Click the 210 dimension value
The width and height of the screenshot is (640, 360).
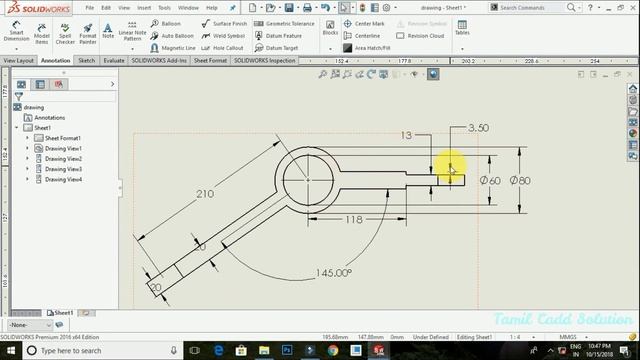(204, 193)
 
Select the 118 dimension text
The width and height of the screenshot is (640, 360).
(353, 219)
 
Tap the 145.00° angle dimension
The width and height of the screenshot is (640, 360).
(333, 272)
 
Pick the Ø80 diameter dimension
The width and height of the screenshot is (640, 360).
(520, 180)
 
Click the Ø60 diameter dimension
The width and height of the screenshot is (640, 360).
(490, 180)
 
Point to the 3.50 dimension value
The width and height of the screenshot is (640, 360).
(478, 128)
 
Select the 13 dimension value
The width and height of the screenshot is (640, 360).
(406, 134)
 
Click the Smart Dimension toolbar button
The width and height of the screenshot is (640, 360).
(16, 35)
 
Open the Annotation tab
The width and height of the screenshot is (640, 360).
(55, 60)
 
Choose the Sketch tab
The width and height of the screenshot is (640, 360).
(87, 60)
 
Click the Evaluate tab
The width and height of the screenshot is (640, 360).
(114, 60)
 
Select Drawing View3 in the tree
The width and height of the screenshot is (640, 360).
(62, 169)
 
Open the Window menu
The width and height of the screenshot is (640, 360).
(187, 7)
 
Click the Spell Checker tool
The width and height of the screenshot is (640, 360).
(65, 35)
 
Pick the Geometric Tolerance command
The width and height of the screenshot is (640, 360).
(290, 23)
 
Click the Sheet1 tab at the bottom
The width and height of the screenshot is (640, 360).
(63, 312)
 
